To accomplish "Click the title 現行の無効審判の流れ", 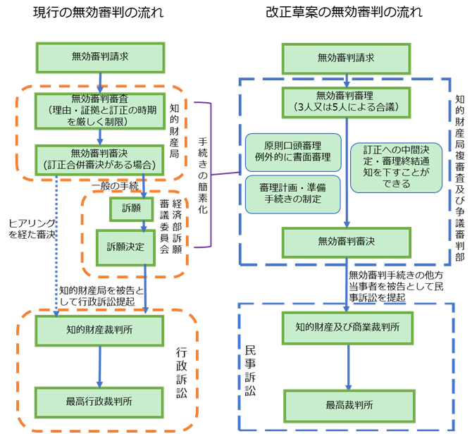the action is pyautogui.click(x=99, y=13).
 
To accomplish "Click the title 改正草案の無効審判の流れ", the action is pyautogui.click(x=344, y=13).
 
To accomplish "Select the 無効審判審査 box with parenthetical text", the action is pyautogui.click(x=100, y=111).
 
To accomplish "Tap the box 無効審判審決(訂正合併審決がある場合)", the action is pyautogui.click(x=99, y=160).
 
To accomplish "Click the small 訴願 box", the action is pyautogui.click(x=131, y=209).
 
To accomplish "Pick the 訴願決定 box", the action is pyautogui.click(x=125, y=248).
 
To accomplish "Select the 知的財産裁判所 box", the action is pyautogui.click(x=99, y=330).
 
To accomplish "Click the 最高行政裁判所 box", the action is pyautogui.click(x=99, y=402).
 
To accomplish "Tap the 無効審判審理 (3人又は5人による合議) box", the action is pyautogui.click(x=347, y=103).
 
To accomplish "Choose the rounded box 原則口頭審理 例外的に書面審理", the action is pyautogui.click(x=293, y=152).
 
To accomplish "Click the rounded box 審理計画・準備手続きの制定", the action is pyautogui.click(x=293, y=194).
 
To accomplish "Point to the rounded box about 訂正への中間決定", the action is pyautogui.click(x=396, y=168).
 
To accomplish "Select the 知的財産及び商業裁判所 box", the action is pyautogui.click(x=348, y=328).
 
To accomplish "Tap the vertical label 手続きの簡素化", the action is pyautogui.click(x=203, y=175).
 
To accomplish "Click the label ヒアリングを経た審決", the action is pyautogui.click(x=32, y=229).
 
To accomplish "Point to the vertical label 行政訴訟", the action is pyautogui.click(x=182, y=373).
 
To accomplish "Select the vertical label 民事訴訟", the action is pyautogui.click(x=250, y=371).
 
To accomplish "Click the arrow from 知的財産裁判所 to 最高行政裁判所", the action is pyautogui.click(x=99, y=366).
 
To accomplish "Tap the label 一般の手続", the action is pyautogui.click(x=116, y=186).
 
